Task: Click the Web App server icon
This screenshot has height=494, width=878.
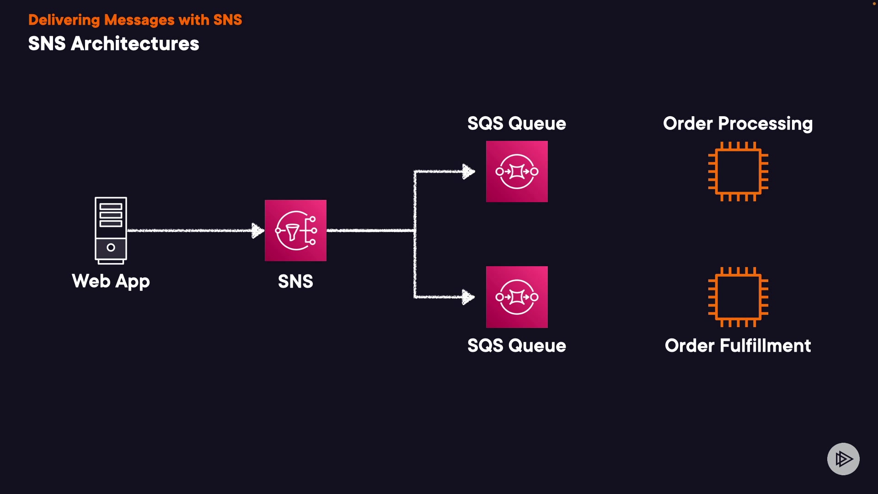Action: pyautogui.click(x=111, y=231)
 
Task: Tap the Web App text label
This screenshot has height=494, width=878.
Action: pyautogui.click(x=111, y=281)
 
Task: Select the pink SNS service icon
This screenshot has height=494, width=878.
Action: pyautogui.click(x=295, y=231)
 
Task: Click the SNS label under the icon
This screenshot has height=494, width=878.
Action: pyautogui.click(x=295, y=281)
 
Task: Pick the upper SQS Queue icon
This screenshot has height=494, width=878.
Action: pyautogui.click(x=517, y=172)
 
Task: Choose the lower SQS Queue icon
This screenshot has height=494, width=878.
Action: pyautogui.click(x=517, y=297)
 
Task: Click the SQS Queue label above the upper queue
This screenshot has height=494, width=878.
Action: pyautogui.click(x=517, y=123)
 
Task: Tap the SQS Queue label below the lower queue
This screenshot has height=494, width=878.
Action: pyautogui.click(x=517, y=345)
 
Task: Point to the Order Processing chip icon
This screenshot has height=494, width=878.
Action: pyautogui.click(x=738, y=172)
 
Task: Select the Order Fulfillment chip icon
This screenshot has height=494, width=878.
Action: pyautogui.click(x=738, y=297)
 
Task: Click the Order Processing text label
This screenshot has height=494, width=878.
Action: pyautogui.click(x=738, y=124)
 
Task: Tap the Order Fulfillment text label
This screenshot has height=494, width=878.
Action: pyautogui.click(x=738, y=345)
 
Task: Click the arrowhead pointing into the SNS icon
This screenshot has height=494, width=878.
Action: pyautogui.click(x=258, y=231)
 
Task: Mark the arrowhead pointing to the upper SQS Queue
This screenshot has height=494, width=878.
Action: pyautogui.click(x=469, y=172)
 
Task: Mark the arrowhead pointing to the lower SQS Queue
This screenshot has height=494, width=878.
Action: pyautogui.click(x=469, y=297)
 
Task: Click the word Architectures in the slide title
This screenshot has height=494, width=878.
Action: pyautogui.click(x=135, y=44)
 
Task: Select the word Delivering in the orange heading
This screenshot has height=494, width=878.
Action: pyautogui.click(x=64, y=20)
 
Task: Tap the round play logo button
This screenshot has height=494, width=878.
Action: pyautogui.click(x=843, y=459)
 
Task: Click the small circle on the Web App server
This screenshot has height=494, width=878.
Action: pyautogui.click(x=111, y=247)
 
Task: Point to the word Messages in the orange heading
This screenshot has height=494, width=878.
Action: pyautogui.click(x=139, y=20)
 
